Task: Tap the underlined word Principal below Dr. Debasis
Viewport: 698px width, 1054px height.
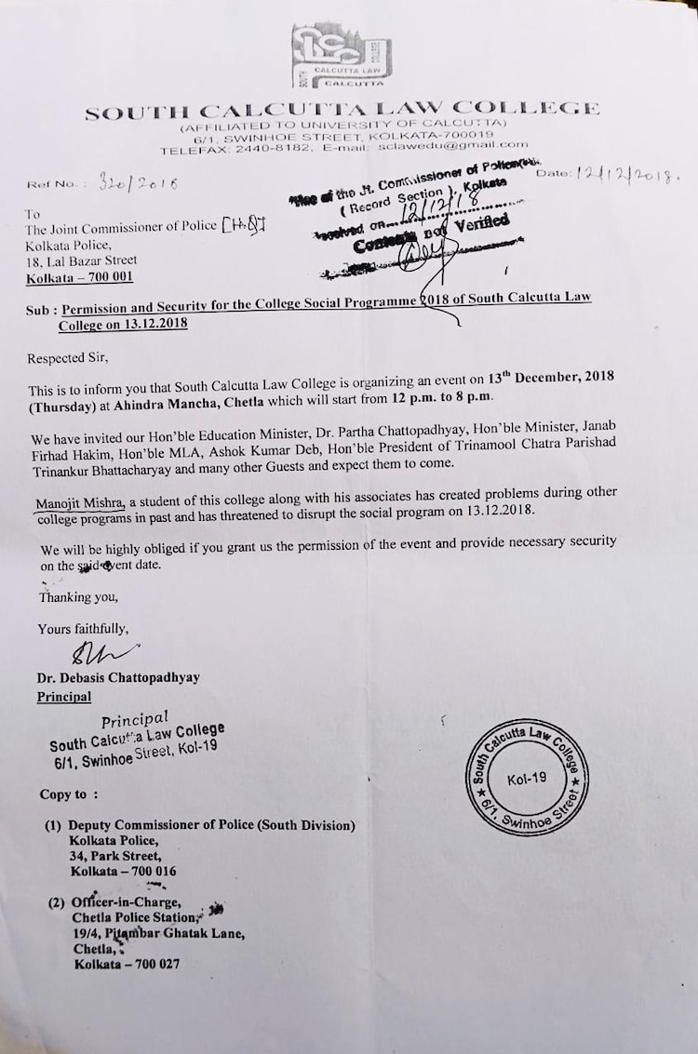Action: (64, 695)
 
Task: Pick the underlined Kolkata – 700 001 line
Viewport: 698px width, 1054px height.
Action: (80, 276)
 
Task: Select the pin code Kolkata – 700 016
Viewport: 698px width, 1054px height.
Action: (123, 872)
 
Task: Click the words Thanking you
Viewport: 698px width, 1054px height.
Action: (78, 596)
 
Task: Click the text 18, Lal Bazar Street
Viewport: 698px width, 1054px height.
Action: (82, 260)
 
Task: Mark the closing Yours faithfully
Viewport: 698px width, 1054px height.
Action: (83, 629)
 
